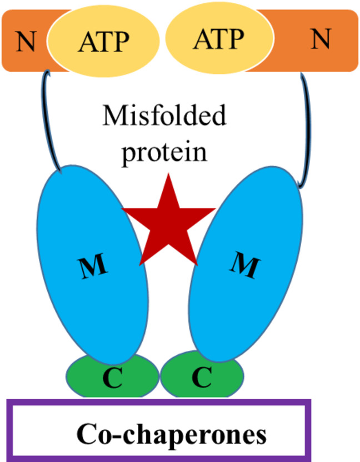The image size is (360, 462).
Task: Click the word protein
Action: (165, 151)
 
